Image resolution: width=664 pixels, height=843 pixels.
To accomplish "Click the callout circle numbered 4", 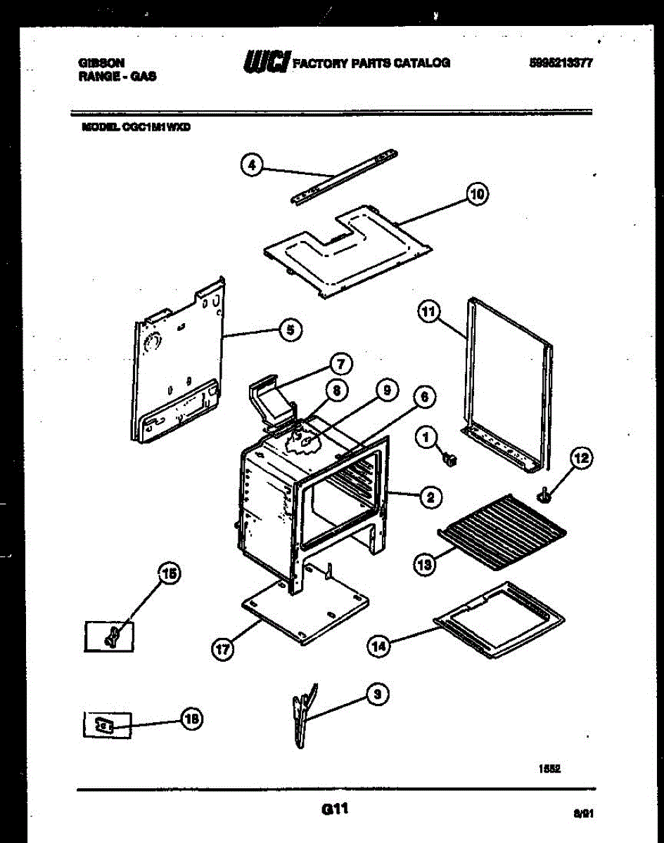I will tap(251, 166).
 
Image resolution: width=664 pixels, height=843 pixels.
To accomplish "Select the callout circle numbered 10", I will tap(477, 194).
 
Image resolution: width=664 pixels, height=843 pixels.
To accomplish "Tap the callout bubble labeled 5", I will tap(288, 329).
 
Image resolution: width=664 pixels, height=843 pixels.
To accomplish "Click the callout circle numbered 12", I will tap(580, 459).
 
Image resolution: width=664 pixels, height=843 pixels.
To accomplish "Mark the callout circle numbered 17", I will tap(222, 650).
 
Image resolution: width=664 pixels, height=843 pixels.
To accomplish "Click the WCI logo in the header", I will tap(265, 63).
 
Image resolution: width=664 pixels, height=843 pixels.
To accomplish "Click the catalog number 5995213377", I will tap(560, 63).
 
